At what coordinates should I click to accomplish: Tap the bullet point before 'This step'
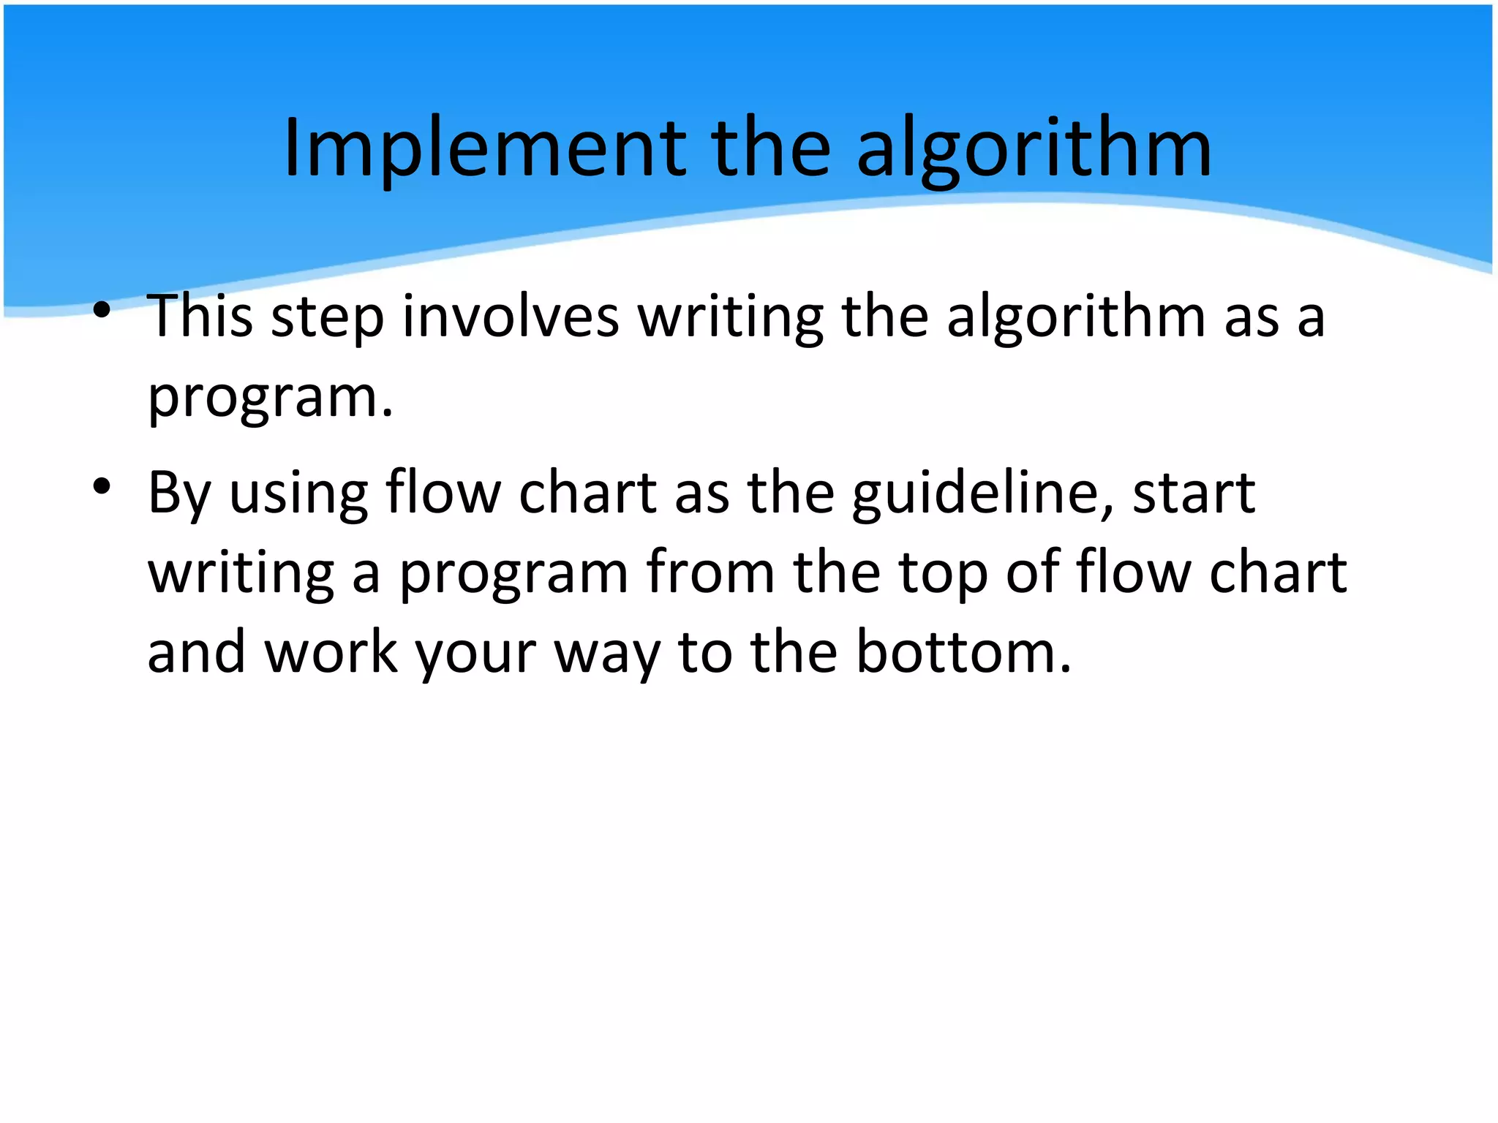(102, 310)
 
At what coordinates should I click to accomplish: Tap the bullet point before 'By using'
(102, 485)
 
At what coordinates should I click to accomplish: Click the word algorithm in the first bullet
(1075, 317)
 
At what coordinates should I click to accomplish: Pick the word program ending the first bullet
(263, 398)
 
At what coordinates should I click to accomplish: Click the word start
(1194, 494)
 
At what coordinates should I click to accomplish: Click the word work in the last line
(331, 652)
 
